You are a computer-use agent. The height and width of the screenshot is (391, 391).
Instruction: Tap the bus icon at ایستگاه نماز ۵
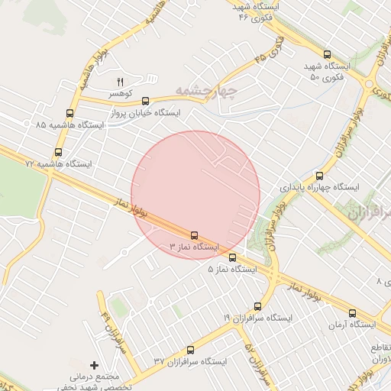click(233, 257)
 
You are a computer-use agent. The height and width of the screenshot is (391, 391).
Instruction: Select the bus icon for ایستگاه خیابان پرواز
click(145, 100)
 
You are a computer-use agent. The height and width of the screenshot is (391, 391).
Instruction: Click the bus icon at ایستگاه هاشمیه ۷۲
click(58, 152)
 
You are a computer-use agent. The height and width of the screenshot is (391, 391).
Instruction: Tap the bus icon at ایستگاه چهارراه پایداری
click(320, 175)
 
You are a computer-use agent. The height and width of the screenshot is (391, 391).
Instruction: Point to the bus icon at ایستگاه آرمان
click(352, 312)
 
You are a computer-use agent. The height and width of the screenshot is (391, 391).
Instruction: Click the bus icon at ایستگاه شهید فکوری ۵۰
click(328, 54)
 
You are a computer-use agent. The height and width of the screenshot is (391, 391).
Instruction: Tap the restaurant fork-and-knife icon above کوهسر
click(119, 81)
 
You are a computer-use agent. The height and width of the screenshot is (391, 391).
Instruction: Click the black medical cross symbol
click(95, 366)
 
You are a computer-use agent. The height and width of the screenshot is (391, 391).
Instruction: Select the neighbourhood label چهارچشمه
click(207, 91)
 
